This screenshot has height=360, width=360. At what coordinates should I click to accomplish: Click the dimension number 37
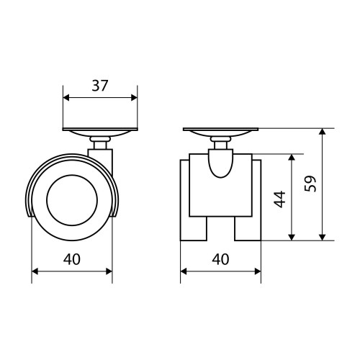coord(100,86)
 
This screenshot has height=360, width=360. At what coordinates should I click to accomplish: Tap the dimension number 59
coord(310,184)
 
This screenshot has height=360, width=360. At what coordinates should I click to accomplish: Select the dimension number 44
coord(280,199)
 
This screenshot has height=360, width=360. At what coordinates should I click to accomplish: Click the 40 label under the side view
coord(72,259)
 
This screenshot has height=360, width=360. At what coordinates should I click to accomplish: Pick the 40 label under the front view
coord(220,259)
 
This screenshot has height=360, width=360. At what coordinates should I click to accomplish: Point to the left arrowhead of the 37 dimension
coord(66,98)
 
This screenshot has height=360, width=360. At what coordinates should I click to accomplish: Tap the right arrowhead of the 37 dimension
coord(134,98)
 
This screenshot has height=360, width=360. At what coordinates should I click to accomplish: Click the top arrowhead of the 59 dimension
coord(323,132)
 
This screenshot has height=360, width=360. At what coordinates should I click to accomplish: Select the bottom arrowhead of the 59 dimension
coord(323,237)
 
